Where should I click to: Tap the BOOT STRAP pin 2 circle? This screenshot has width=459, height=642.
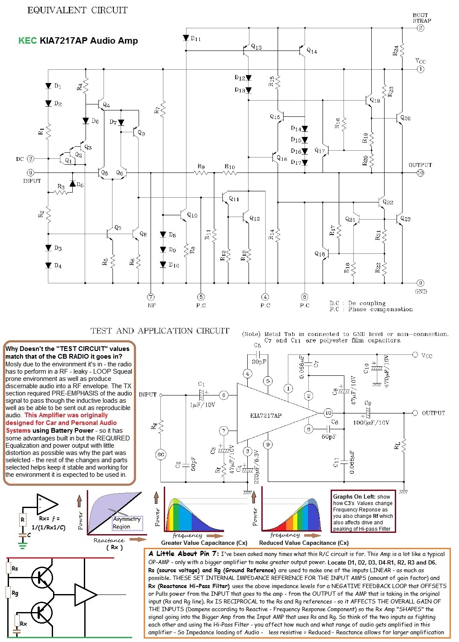point(421,28)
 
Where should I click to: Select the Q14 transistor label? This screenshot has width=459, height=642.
point(312,51)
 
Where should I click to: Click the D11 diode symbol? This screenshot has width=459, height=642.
point(186,38)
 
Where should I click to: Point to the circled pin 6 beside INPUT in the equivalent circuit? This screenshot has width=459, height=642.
point(30,173)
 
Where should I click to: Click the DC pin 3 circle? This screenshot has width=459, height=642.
point(30,159)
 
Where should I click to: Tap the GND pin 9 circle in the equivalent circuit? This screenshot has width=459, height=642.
point(421,283)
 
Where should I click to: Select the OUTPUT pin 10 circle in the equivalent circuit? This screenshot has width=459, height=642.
point(421,173)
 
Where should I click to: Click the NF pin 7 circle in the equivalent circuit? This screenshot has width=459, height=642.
point(151,297)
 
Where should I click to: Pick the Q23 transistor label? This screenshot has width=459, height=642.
point(405,219)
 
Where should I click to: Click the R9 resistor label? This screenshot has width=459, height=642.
point(201,166)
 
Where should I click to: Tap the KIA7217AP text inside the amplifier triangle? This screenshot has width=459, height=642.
point(266,416)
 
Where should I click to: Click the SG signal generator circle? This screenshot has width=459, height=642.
point(161,455)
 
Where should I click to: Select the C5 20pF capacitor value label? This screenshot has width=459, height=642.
point(259,362)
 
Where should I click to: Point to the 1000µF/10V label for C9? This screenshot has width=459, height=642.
point(371,422)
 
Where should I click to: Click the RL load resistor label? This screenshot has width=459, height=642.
point(397,446)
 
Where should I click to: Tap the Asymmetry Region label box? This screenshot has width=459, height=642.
point(127,523)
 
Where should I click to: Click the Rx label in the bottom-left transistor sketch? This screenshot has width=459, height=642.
point(24,624)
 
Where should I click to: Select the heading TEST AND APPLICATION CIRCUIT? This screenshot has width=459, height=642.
point(160,331)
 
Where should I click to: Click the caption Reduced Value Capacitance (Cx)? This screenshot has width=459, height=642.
point(304,543)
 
